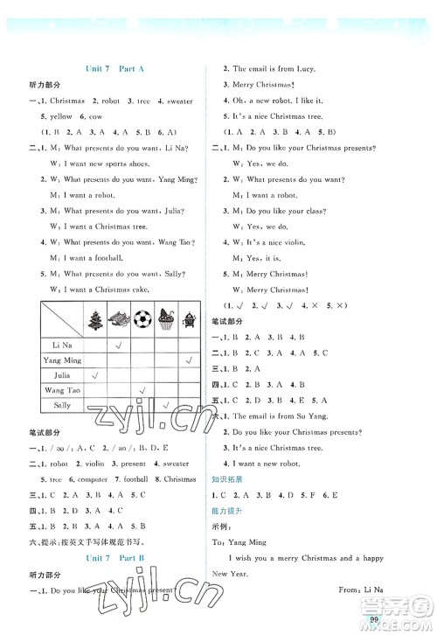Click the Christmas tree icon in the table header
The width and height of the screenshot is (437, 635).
pyautogui.click(x=94, y=322)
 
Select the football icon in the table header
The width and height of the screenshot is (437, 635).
pyautogui.click(x=142, y=322)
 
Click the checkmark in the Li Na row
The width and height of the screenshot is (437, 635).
pyautogui.click(x=117, y=345)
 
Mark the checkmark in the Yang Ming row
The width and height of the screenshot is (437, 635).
pyautogui.click(x=190, y=360)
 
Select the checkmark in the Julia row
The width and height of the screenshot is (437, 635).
pyautogui.click(x=94, y=376)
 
